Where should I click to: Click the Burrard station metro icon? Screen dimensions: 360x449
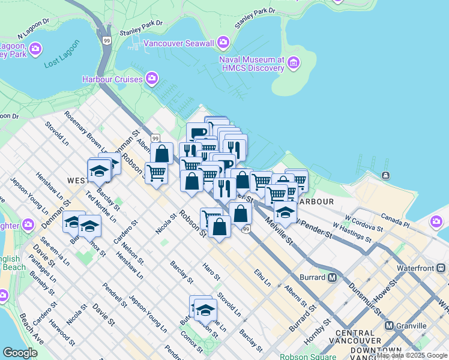332,277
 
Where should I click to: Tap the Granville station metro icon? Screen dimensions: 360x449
389,326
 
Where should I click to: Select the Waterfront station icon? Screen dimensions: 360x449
441,268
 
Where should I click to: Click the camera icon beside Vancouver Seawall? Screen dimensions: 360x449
223,41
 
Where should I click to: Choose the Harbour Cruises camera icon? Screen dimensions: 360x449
152,79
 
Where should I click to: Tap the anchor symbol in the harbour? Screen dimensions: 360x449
385,175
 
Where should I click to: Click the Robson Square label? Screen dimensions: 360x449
306,356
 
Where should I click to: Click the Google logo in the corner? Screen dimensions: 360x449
20,353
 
